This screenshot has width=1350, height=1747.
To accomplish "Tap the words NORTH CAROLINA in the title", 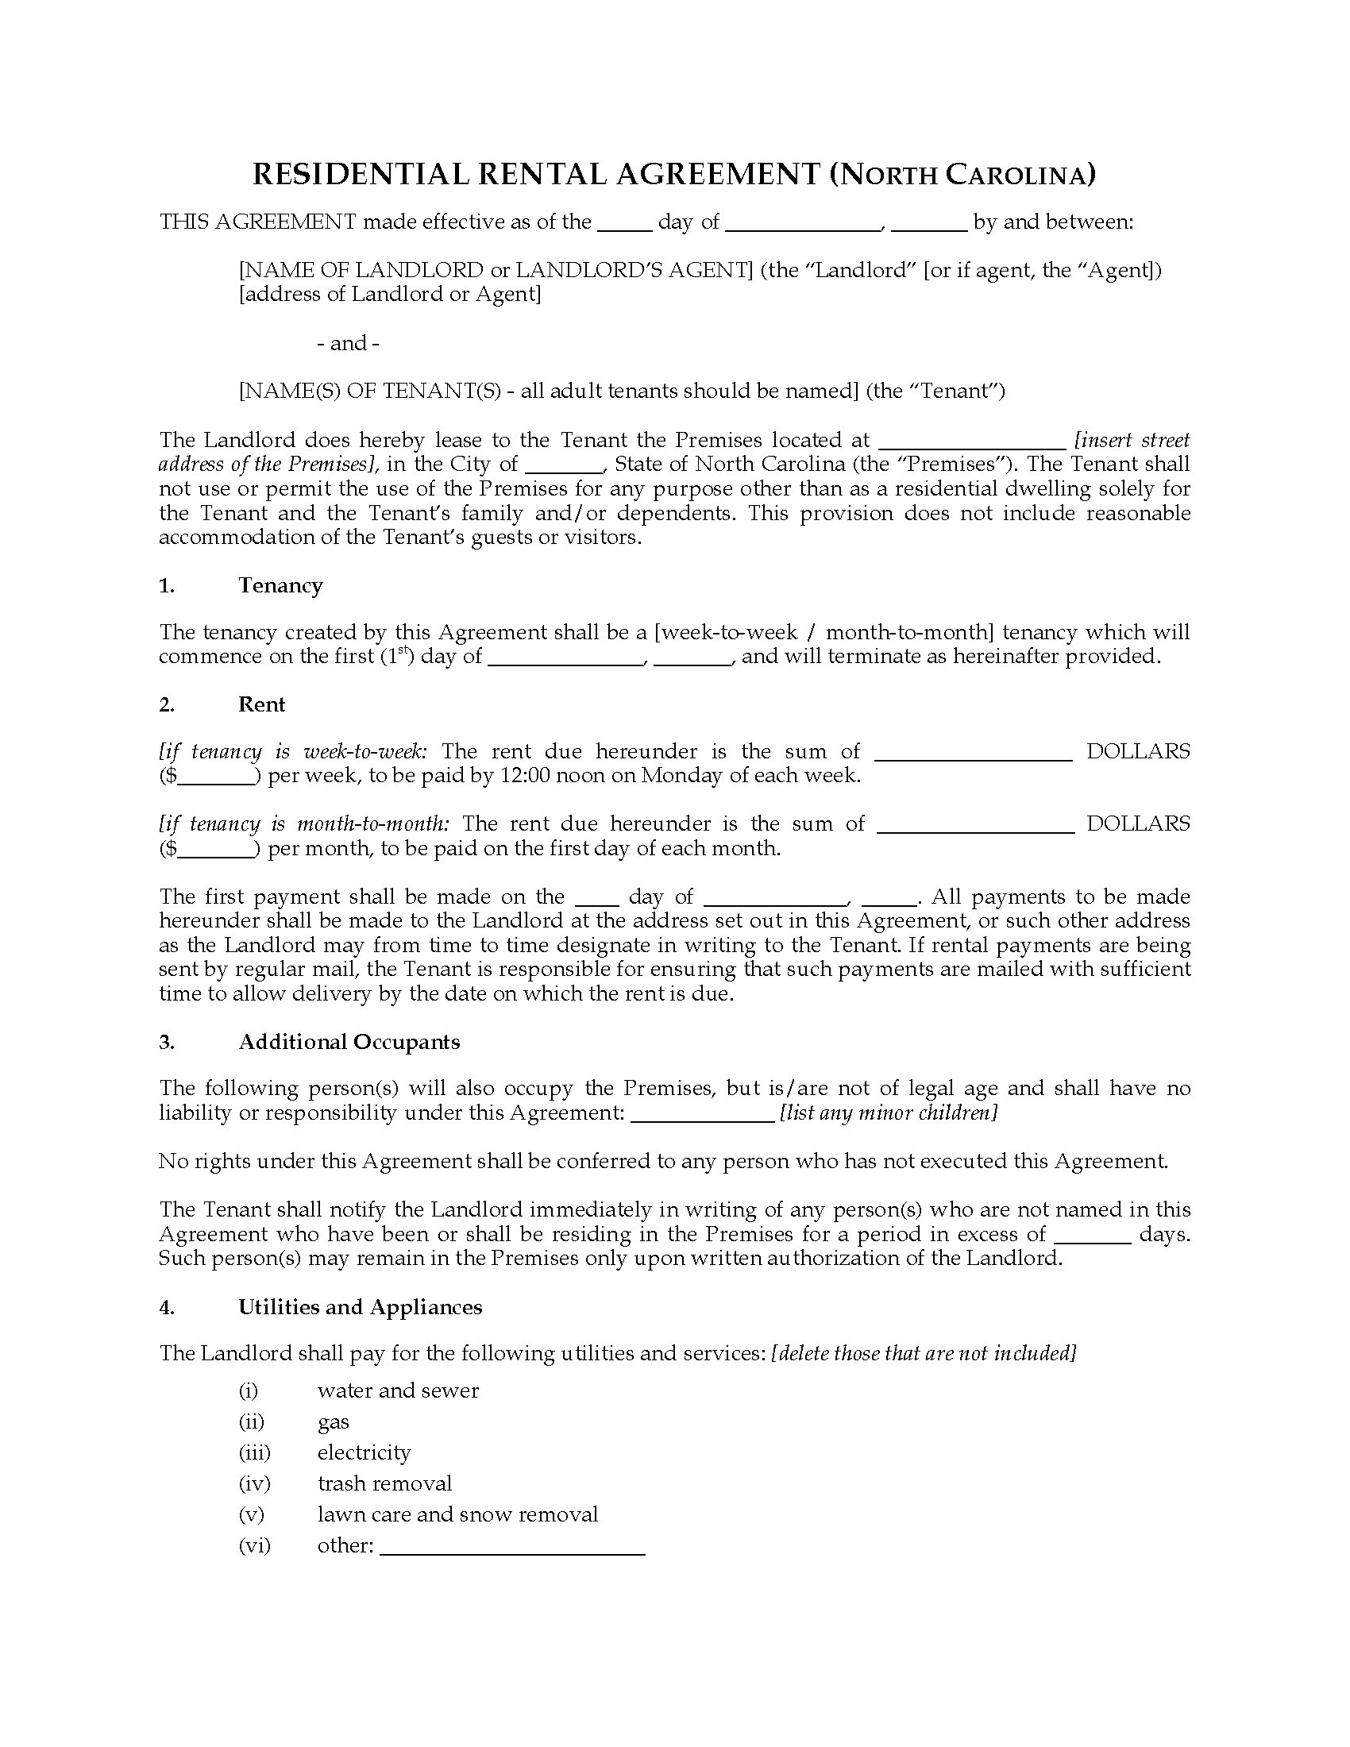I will coord(962,175).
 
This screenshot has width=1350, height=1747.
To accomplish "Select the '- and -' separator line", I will coord(348,343).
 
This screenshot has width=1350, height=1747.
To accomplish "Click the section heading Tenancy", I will coord(280,585).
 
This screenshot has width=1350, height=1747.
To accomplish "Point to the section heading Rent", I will coord(261,704).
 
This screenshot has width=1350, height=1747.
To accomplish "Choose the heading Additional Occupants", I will coord(349,1042).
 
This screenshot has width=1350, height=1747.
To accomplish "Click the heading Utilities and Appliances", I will coord(360,1307).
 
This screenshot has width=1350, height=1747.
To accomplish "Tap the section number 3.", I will coord(165,1042).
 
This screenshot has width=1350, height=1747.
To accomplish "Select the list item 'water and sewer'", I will coord(398,1390).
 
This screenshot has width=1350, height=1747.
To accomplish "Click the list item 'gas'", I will coord(334,1421).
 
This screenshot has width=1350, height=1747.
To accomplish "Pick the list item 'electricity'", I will coord(364,1452).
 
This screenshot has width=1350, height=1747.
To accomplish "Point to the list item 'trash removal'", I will coord(384,1484).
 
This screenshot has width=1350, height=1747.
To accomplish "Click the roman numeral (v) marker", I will coord(251,1514).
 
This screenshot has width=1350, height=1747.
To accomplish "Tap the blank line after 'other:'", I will coord(513,1548).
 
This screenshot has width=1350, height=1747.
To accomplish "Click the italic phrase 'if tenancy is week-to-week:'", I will coord(293,752).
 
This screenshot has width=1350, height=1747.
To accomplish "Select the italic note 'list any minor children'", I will coord(888,1113).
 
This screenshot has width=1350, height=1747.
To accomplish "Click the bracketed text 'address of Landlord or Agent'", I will coord(390,295).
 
